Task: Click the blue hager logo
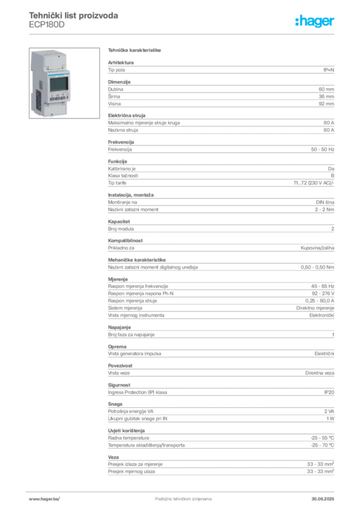[x=315, y=22]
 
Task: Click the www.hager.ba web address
[x=44, y=498]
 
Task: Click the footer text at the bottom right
[x=324, y=496]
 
